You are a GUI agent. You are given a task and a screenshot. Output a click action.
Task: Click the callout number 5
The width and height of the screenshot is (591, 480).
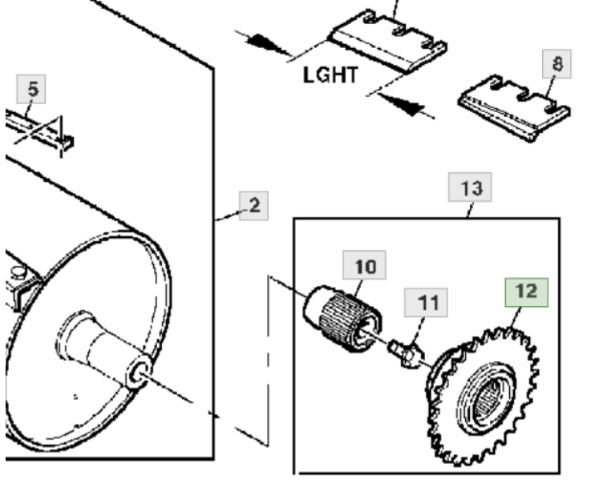(x=32, y=89)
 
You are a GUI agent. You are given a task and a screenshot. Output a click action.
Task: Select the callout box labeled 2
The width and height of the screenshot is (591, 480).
(x=253, y=205)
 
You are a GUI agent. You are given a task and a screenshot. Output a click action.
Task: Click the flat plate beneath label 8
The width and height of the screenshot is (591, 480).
(x=513, y=113)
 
